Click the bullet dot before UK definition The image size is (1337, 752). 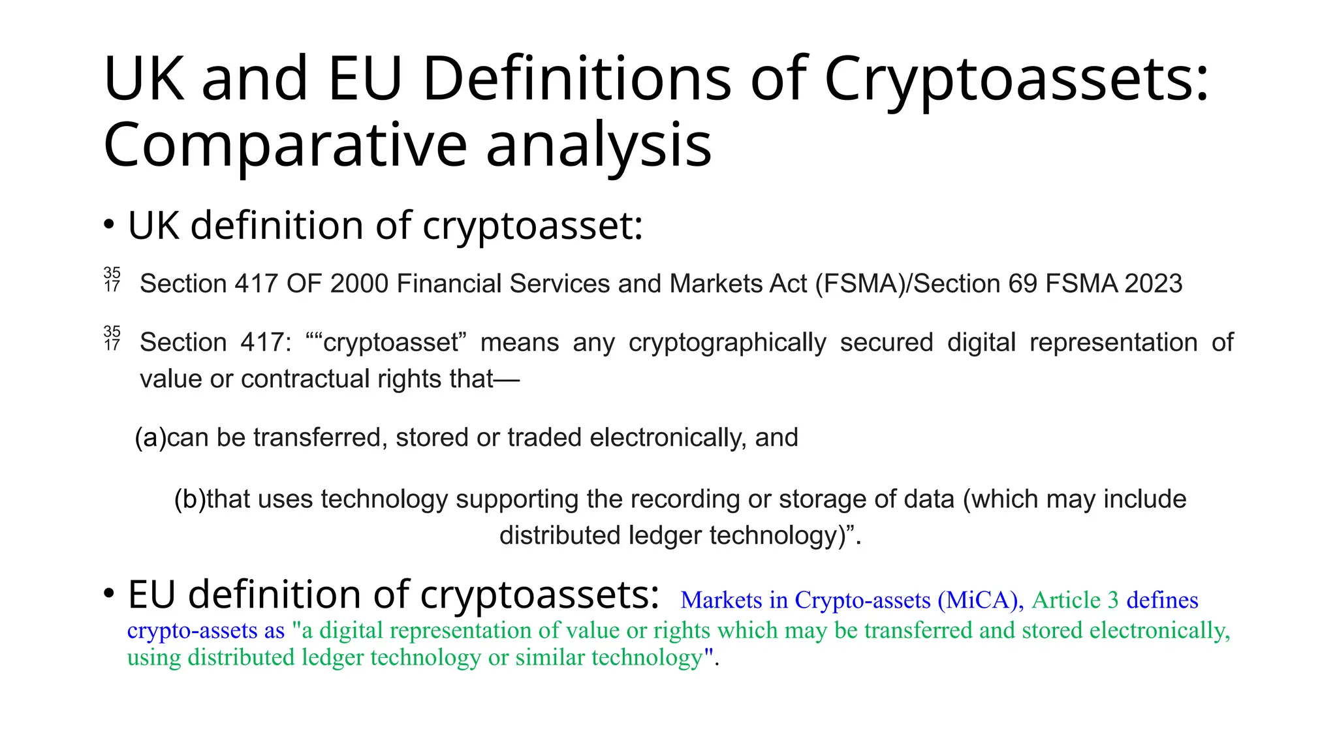point(110,225)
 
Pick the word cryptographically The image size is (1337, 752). point(727,343)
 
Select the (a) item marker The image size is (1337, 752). point(150,437)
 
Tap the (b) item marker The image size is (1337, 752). point(189,499)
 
